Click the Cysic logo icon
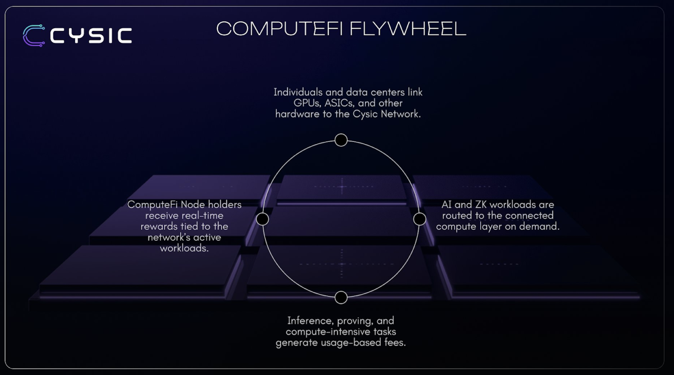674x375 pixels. tap(34, 36)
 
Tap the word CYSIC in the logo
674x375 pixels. tap(91, 36)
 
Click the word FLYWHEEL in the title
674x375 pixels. tap(408, 29)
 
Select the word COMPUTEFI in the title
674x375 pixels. tap(279, 29)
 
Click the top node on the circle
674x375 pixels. tap(341, 140)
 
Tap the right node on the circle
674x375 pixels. tap(420, 219)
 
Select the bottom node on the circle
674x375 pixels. tap(341, 298)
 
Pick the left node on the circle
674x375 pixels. tap(262, 219)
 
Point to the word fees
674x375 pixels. tap(395, 343)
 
